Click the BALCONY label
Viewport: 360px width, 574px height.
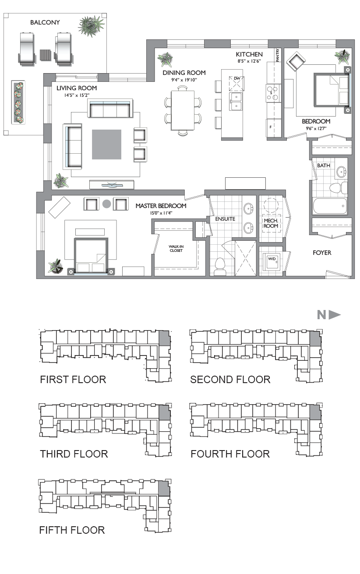(x=45, y=23)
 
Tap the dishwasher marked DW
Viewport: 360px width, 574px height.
(x=236, y=84)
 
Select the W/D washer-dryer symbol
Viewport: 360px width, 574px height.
(x=272, y=262)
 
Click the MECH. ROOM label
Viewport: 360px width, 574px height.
(x=271, y=223)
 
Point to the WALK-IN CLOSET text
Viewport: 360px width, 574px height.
(x=176, y=249)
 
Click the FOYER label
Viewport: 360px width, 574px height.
(x=322, y=253)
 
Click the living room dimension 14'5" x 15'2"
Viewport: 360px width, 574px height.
(x=77, y=95)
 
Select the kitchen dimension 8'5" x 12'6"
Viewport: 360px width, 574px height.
(x=249, y=61)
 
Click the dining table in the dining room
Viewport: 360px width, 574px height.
(x=183, y=111)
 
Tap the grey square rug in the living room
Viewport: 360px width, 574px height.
(x=107, y=144)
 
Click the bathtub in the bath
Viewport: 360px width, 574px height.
(x=330, y=206)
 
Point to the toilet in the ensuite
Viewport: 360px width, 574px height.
(x=220, y=267)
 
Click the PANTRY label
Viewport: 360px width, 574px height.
(x=277, y=55)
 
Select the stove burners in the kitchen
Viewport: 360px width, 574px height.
(x=272, y=93)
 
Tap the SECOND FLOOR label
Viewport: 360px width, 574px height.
(x=230, y=380)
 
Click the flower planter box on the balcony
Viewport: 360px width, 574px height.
(x=18, y=102)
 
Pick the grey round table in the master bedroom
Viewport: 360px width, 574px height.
(x=107, y=204)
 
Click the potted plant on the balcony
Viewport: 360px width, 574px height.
(x=92, y=26)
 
